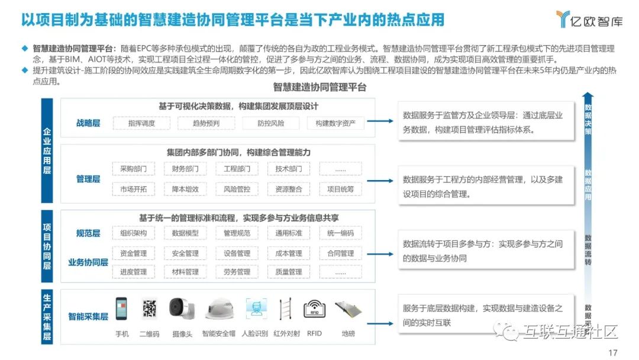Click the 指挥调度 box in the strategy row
click(141, 123)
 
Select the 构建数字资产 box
click(335, 123)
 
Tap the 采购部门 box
click(133, 169)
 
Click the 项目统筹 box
click(340, 189)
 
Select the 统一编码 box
click(340, 233)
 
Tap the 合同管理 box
click(340, 253)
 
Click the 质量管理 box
click(288, 272)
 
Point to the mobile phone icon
click(122, 310)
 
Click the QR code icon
click(149, 310)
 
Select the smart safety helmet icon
click(218, 310)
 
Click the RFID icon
click(314, 310)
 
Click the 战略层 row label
click(88, 123)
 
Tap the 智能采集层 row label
click(88, 317)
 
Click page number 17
click(613, 352)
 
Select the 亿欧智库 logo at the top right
click(589, 20)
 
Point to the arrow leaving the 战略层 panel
click(379, 121)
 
